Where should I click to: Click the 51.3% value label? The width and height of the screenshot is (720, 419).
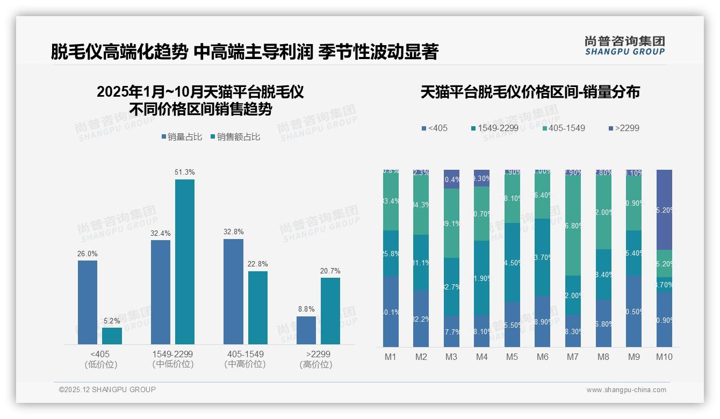click(x=185, y=172)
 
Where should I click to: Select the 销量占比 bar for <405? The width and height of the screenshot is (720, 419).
click(x=88, y=302)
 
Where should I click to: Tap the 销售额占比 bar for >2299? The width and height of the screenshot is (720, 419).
click(x=330, y=310)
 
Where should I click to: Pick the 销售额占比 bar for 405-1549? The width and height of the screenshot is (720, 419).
click(x=258, y=307)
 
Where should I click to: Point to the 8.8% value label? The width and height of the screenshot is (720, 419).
click(x=306, y=309)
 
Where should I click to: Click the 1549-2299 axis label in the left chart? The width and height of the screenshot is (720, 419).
click(x=172, y=355)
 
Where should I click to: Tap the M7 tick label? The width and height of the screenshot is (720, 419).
click(x=573, y=357)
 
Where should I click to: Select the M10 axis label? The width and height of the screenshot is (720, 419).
click(x=664, y=357)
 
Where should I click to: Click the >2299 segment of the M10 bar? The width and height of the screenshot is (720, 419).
click(x=664, y=209)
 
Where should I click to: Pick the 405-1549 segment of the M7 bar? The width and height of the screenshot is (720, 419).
click(x=573, y=226)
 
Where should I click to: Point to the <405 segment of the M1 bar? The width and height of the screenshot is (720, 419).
click(x=391, y=312)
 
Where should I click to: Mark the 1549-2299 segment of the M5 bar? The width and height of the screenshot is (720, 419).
click(x=512, y=262)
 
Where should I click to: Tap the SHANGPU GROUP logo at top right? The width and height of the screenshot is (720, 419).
click(x=624, y=45)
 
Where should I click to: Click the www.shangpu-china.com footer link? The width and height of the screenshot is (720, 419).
click(x=626, y=390)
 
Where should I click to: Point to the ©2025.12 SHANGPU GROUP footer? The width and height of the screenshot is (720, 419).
click(x=107, y=389)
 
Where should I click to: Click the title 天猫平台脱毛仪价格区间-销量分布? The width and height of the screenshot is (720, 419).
click(x=530, y=92)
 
